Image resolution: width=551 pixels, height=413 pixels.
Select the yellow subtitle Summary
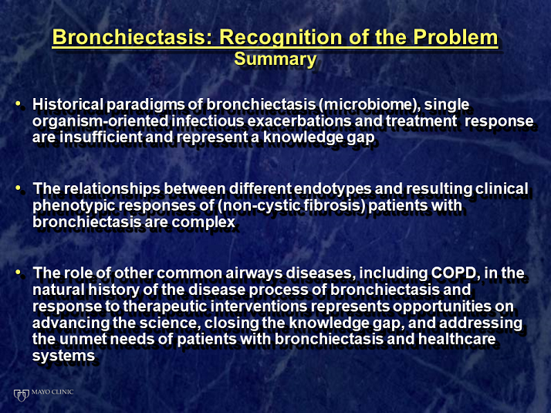tap(275, 59)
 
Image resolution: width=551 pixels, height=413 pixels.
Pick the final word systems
tap(63, 356)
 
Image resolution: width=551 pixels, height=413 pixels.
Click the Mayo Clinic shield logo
tap(21, 395)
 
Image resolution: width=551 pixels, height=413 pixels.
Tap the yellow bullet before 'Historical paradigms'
tap(18, 103)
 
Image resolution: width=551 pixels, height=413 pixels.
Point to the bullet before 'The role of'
tap(18, 272)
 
